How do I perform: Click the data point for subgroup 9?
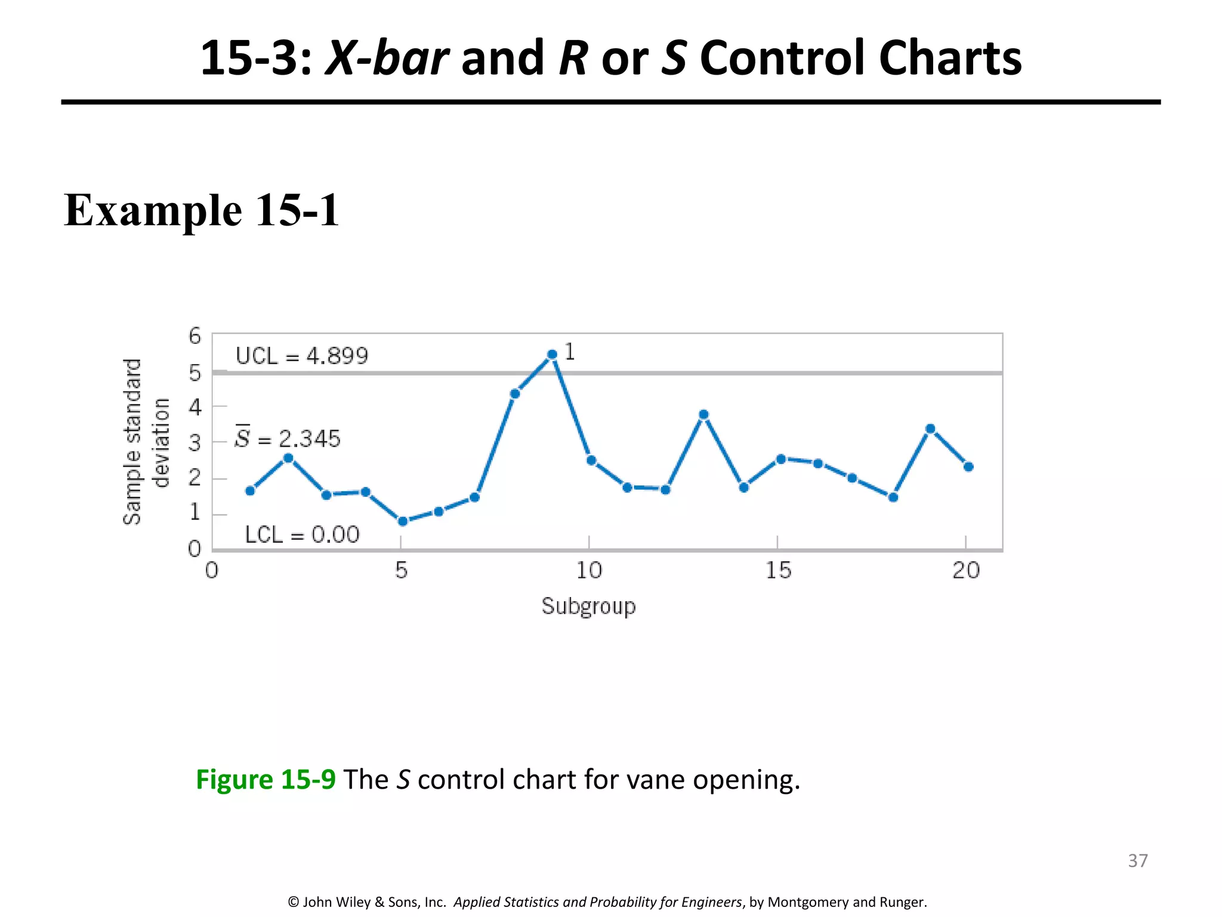coord(552,355)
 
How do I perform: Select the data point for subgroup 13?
coord(703,414)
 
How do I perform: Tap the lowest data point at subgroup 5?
coord(403,521)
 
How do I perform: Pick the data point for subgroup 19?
coord(930,429)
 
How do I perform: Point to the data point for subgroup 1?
coord(250,491)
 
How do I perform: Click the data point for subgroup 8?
coord(515,393)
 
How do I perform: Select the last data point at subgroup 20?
coord(968,467)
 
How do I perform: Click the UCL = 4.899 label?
coord(302,356)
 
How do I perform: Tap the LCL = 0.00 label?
coord(302,534)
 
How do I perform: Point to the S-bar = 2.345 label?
coord(288,439)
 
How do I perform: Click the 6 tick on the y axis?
coord(195,337)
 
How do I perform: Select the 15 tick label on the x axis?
coord(778,571)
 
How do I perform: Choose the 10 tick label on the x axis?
coord(589,571)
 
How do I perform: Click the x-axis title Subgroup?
coord(588,607)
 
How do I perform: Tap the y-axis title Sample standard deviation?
coord(146,442)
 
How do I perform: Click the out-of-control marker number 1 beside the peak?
coord(570,352)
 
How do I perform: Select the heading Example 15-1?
coord(201,210)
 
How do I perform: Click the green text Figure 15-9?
coord(266,780)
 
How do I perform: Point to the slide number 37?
coord(1137,860)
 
